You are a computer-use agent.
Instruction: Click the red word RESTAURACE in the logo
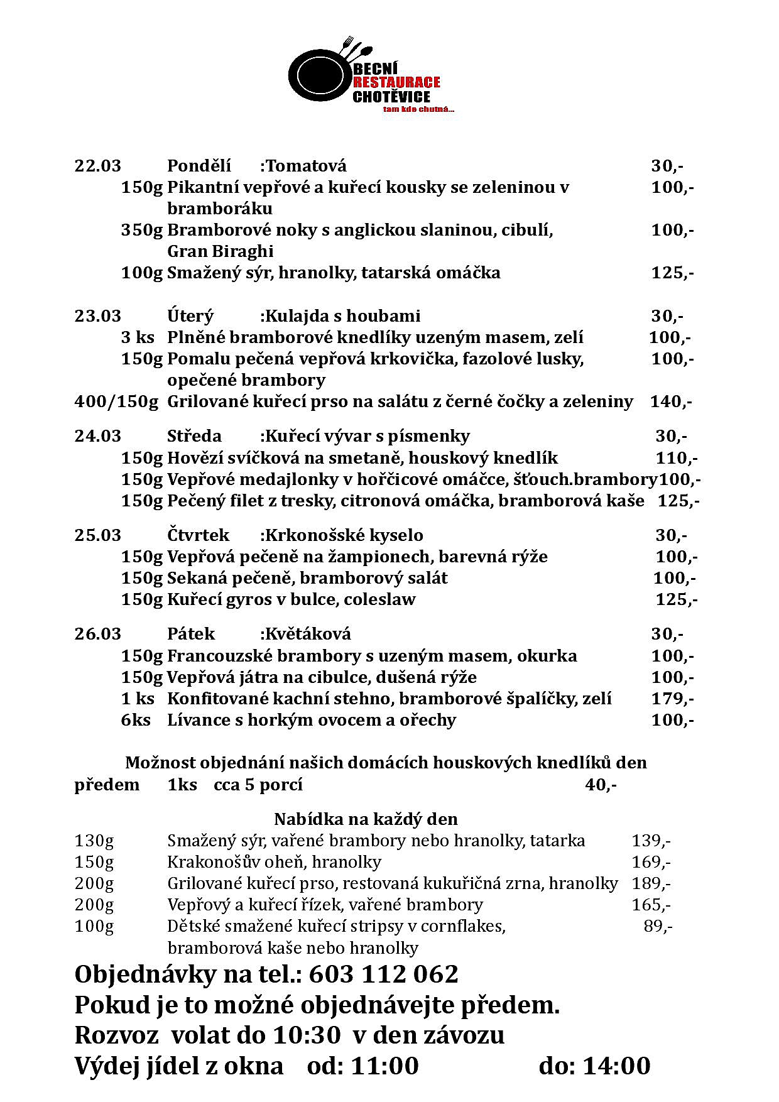coord(396,82)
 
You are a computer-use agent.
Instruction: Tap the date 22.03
coord(97,166)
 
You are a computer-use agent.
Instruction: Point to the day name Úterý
coord(190,316)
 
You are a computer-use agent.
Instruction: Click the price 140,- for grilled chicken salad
coord(670,401)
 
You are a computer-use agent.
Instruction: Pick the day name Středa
coord(194,436)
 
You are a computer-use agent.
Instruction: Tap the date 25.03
coord(97,535)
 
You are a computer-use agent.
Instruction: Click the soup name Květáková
coord(308,634)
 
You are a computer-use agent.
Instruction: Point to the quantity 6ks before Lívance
coord(136,720)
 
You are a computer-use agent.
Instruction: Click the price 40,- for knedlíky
coord(601,785)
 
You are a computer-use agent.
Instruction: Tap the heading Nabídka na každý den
coord(366,819)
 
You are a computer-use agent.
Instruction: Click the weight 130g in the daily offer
coord(94,841)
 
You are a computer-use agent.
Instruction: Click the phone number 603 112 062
coord(383,974)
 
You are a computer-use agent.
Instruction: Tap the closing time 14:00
coord(616,1066)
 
